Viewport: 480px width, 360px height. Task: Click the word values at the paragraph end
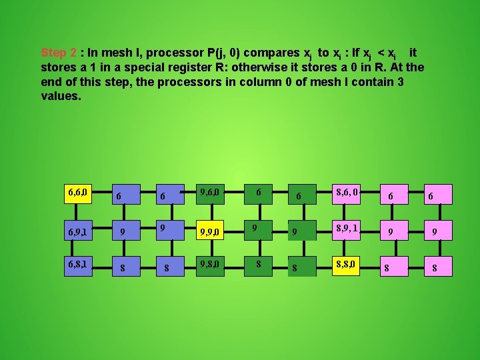(x=60, y=96)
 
